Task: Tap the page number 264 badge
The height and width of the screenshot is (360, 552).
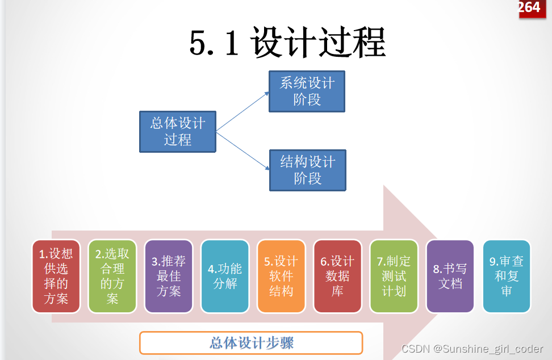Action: point(529,8)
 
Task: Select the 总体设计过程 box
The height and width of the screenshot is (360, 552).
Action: point(178,132)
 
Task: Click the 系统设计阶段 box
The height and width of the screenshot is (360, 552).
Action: point(307,91)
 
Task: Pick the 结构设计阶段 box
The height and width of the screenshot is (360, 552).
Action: point(307,170)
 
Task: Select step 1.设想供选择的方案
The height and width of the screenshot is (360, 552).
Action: point(56,276)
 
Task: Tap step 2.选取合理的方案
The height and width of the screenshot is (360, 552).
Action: point(112,276)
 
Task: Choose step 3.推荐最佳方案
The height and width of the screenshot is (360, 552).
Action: point(169,276)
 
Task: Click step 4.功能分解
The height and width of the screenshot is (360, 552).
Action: point(225,276)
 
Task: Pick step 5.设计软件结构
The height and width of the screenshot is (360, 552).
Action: point(281,276)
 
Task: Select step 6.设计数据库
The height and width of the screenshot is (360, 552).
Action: point(337,276)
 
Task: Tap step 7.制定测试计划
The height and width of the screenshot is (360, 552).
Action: point(394,276)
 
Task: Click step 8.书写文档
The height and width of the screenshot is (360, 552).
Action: point(450,276)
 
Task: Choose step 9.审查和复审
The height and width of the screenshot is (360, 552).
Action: point(507,276)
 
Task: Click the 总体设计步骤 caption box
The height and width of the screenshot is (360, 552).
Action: point(251,343)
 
